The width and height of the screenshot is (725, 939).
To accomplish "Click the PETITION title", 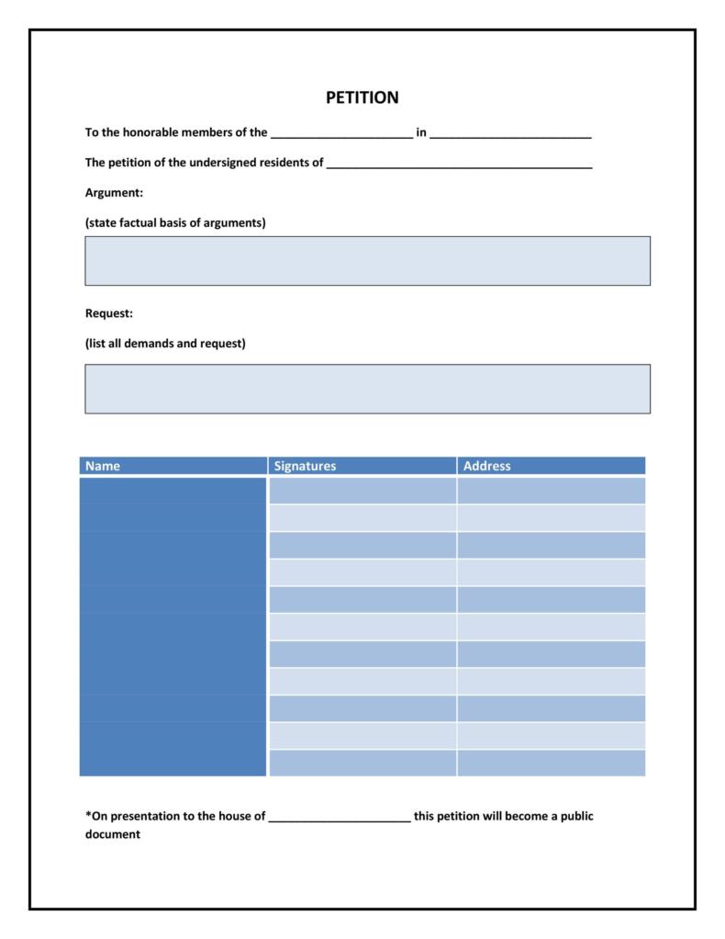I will [x=362, y=97].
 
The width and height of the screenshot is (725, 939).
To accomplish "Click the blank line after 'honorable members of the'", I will [x=341, y=134].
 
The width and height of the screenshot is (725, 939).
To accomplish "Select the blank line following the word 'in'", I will [x=510, y=134].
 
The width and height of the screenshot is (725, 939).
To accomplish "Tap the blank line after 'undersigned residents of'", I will [x=459, y=164].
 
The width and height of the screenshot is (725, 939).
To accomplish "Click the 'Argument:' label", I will [x=114, y=193].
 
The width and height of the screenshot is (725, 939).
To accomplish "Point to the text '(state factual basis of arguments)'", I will [x=175, y=223].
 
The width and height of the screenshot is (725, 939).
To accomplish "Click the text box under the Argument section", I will [x=367, y=261].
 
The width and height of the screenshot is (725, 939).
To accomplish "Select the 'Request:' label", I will [x=109, y=313].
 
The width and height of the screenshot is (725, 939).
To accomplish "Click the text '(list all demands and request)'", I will [x=165, y=344].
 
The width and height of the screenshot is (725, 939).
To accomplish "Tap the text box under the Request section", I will [x=367, y=389].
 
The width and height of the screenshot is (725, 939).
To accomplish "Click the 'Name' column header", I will [x=103, y=466].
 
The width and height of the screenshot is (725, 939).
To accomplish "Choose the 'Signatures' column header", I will [x=306, y=466].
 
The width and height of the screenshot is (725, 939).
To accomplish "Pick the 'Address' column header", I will [x=486, y=466].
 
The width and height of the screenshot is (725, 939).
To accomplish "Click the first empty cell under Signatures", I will [x=362, y=491].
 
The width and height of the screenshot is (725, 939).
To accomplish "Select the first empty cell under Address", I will [x=551, y=491].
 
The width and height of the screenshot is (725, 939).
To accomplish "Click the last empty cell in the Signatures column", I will [x=362, y=764].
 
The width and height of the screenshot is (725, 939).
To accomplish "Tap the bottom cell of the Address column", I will [x=551, y=764].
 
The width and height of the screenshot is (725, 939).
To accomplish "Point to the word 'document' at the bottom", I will [x=112, y=835].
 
